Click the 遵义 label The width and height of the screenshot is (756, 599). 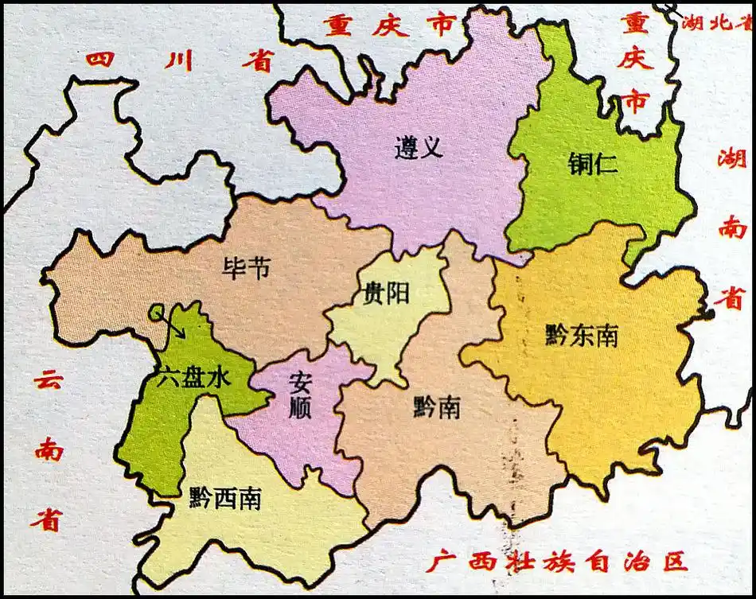[418, 147]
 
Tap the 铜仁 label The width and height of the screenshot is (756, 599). [593, 164]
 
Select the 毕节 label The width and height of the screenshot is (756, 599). [247, 267]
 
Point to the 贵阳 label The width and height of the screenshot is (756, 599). [386, 294]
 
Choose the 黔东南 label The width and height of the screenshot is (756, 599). [583, 336]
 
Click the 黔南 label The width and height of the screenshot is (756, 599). [436, 408]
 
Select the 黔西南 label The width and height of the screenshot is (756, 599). [225, 499]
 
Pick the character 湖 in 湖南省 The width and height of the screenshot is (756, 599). [731, 160]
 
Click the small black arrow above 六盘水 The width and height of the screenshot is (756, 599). [173, 324]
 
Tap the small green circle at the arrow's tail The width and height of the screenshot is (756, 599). [157, 310]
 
